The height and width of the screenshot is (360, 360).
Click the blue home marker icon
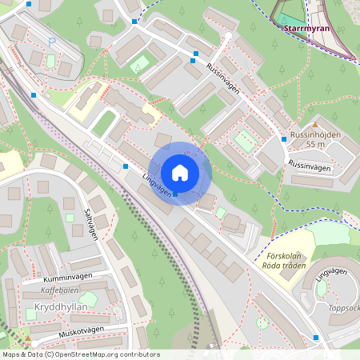(x=180, y=173)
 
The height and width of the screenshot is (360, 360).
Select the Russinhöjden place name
(x=315, y=134)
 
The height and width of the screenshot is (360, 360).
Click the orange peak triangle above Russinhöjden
(x=314, y=125)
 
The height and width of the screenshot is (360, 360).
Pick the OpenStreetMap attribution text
(x=81, y=354)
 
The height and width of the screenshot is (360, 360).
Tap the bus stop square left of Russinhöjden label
(x=283, y=139)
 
